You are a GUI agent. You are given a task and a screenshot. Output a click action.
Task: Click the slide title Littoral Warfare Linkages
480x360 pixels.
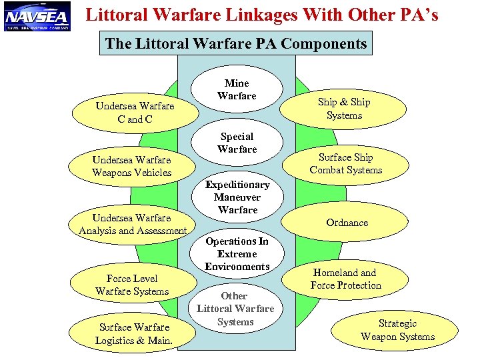[262, 15]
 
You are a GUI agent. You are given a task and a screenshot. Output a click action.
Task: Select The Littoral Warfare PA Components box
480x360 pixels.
[236, 44]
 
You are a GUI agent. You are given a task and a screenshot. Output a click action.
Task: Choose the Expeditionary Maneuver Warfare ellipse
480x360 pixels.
[237, 197]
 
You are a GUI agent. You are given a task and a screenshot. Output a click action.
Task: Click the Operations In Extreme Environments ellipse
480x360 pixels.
[237, 254]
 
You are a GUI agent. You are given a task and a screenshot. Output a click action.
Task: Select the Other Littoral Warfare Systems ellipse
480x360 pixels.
[235, 309]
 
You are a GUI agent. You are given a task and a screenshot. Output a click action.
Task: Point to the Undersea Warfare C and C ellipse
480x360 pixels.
[135, 113]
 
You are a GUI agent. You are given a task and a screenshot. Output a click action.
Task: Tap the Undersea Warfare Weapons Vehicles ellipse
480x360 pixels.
[131, 166]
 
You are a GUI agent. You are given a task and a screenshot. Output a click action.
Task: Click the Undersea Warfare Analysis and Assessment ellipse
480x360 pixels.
[132, 225]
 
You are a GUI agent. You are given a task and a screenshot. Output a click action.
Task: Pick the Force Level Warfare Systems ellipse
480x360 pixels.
[132, 285]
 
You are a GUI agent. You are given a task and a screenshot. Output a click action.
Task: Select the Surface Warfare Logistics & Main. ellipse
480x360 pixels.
[134, 333]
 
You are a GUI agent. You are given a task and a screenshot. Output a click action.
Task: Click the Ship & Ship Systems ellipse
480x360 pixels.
[344, 109]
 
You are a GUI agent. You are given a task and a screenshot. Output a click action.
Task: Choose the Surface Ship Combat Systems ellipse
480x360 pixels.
[345, 164]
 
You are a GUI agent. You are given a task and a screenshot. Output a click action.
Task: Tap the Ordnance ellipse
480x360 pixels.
[347, 223]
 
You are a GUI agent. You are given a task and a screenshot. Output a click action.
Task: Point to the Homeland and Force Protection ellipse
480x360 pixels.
[345, 279]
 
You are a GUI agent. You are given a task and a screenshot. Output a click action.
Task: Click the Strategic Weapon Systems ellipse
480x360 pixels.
[397, 330]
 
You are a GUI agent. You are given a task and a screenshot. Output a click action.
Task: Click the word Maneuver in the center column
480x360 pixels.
[237, 197]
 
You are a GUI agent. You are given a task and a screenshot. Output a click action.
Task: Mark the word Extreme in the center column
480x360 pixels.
[237, 254]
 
